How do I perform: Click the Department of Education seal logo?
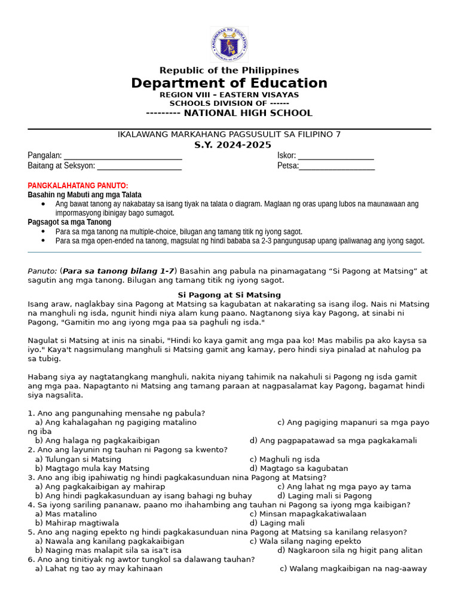click(x=229, y=44)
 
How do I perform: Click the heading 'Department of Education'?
click(x=229, y=83)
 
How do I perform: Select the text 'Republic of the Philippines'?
click(x=229, y=71)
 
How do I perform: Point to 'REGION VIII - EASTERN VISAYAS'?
click(x=229, y=94)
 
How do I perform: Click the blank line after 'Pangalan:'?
click(x=123, y=156)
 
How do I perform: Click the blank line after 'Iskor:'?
click(x=336, y=156)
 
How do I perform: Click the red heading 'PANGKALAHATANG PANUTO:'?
click(x=78, y=186)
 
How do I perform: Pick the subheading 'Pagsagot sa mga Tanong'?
click(x=69, y=222)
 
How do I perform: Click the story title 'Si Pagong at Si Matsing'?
click(x=229, y=295)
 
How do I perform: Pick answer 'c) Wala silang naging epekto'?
click(x=305, y=541)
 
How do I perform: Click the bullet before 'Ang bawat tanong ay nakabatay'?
click(x=44, y=204)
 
